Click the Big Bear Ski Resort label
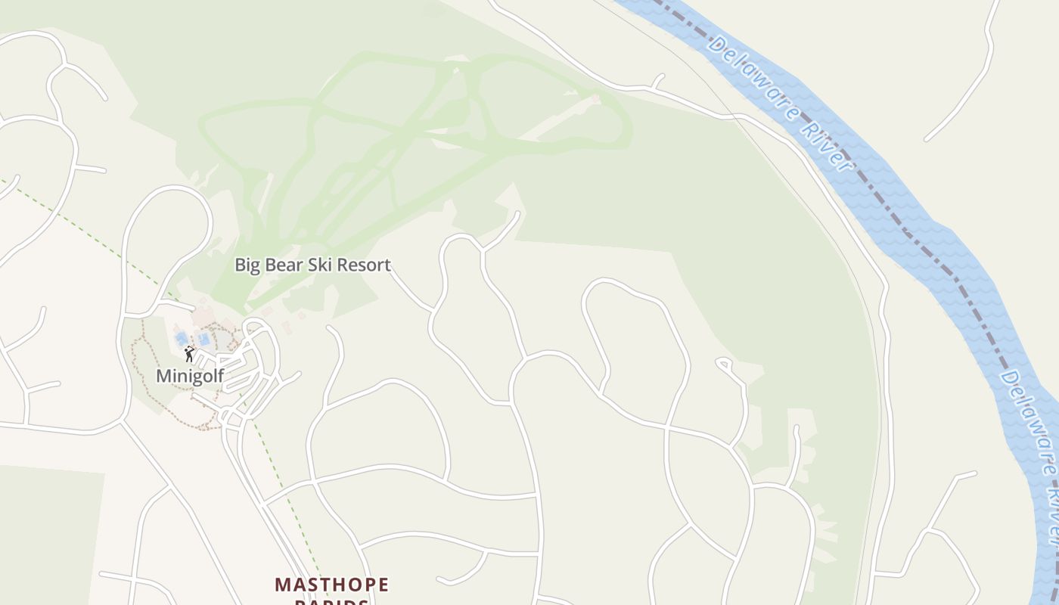tap(312, 265)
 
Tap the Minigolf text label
tap(190, 376)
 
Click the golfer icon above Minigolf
tap(189, 353)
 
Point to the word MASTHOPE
tap(331, 585)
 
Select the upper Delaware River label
tap(780, 103)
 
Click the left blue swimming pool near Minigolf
tap(182, 338)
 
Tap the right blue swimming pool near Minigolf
tap(203, 339)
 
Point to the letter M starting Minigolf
tap(163, 376)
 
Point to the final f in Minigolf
tap(220, 375)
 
